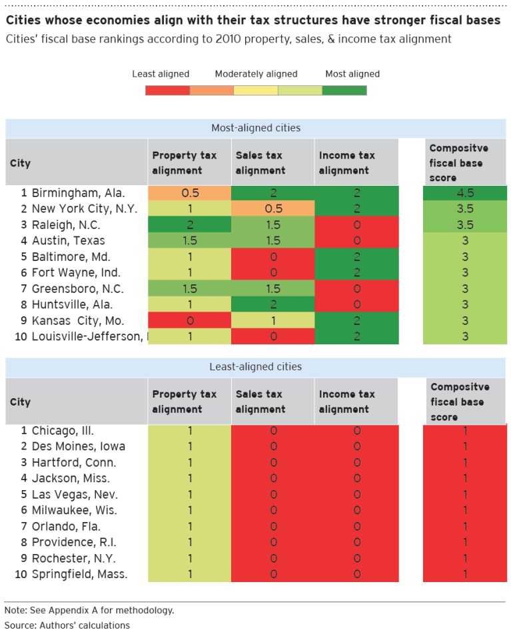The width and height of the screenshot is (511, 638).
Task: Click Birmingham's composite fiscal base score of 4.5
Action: point(464,193)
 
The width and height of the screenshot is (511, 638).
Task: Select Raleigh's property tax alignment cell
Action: point(190,224)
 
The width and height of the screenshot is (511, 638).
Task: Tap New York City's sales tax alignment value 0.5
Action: point(273,208)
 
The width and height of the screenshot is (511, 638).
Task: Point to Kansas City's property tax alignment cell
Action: point(190,320)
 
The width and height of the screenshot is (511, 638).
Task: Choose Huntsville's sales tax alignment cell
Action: point(273,304)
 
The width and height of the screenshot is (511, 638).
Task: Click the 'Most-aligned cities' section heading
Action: point(255,128)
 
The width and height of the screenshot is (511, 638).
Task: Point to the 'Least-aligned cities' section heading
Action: point(255,367)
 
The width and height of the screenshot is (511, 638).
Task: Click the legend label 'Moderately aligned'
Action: point(256,74)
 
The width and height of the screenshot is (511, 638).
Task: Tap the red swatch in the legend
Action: point(167,90)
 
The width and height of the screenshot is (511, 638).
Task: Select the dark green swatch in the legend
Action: point(344,90)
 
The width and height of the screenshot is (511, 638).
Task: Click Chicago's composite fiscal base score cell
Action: point(464,431)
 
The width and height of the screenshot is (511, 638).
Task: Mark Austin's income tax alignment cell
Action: point(356,240)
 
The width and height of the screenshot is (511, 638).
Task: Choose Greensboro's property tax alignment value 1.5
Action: point(190,288)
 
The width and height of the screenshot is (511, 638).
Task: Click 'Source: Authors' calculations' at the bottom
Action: point(67,625)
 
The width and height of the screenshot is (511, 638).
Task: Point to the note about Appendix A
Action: point(89,610)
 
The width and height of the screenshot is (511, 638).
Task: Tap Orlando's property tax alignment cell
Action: point(190,526)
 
